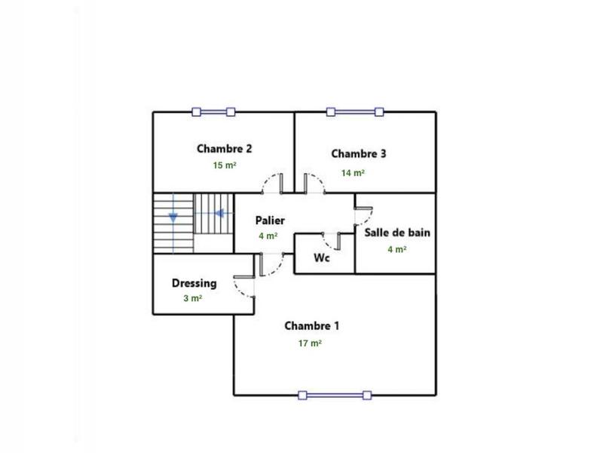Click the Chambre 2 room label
[x=225, y=148]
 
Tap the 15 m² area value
[x=225, y=165]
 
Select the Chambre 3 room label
[x=359, y=154]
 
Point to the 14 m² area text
[x=353, y=173]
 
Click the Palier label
[x=270, y=220]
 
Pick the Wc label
[x=322, y=257]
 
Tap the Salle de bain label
[x=397, y=233]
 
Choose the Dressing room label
[x=194, y=283]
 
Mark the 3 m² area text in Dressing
[x=193, y=298]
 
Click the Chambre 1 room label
[x=311, y=326]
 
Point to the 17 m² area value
[x=310, y=343]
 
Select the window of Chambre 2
[x=213, y=112]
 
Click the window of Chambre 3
[x=356, y=112]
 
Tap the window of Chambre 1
[x=335, y=394]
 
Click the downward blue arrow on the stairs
[x=173, y=217]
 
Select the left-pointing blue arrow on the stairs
[x=219, y=213]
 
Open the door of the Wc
[x=331, y=241]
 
